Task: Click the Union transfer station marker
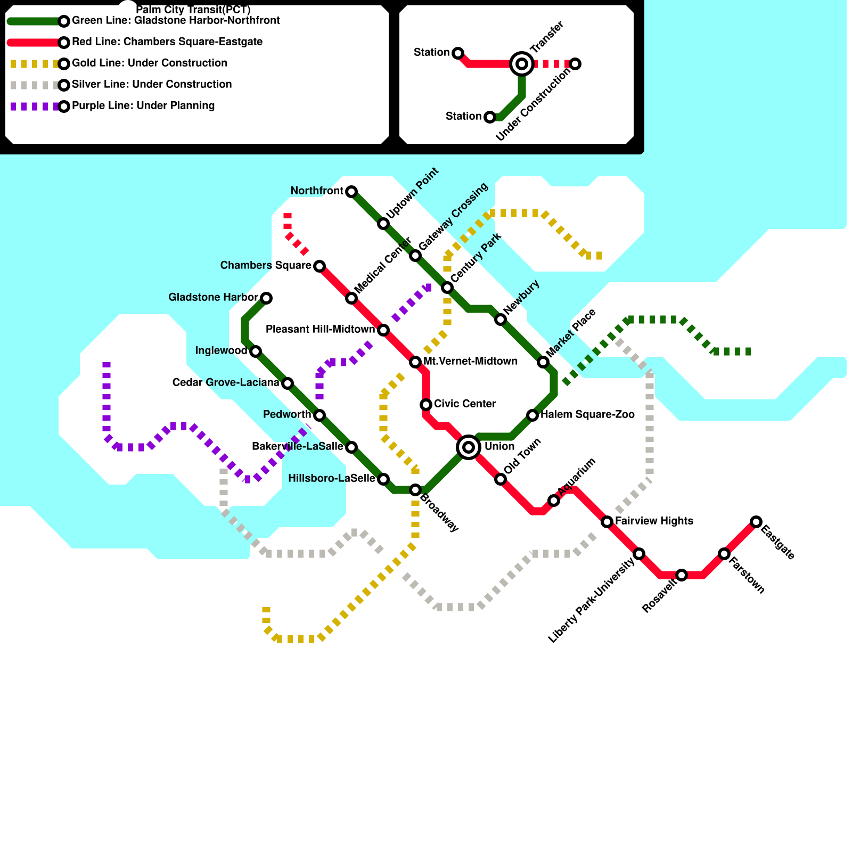coord(469,447)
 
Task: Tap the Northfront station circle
coord(351,192)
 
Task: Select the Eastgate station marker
coord(756,522)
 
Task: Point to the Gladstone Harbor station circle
coord(266,298)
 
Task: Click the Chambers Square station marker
coord(319,266)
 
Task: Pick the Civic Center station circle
coord(426,405)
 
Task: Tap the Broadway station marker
coord(415,490)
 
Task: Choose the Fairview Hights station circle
coord(607,522)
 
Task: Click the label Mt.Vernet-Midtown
coord(470,362)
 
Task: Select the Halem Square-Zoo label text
coord(587,415)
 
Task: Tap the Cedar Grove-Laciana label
coord(226,383)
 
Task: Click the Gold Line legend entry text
coord(150,63)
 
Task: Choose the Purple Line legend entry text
coord(143,106)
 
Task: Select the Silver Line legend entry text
coord(152,85)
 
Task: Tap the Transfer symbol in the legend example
coord(522,64)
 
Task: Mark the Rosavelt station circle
coord(682,575)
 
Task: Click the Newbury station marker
coord(501,319)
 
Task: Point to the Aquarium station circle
coord(554,501)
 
